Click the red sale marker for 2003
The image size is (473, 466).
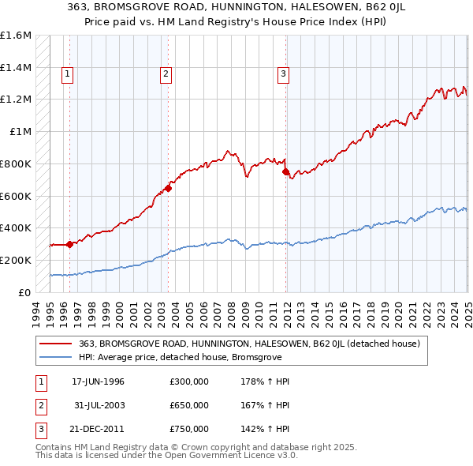[168, 188]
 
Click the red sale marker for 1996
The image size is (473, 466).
[69, 244]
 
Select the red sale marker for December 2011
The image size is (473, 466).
[285, 171]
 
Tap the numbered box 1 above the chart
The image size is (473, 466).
[68, 75]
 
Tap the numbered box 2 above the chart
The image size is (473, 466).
[166, 75]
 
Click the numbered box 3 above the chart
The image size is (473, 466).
[283, 75]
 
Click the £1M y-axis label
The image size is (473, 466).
[20, 132]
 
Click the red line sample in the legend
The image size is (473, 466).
[57, 344]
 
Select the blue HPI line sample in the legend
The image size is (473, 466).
[57, 357]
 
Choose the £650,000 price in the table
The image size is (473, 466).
[188, 405]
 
